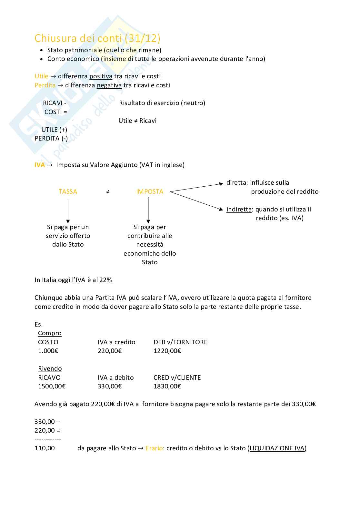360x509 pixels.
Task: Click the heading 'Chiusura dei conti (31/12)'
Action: tap(97, 38)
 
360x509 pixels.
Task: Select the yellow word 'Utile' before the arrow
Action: tap(41, 76)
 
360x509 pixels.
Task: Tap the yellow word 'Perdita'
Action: tap(45, 85)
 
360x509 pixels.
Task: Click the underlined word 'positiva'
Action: tap(101, 76)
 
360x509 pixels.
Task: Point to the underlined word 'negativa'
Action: tap(109, 85)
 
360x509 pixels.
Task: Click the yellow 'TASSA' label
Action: tap(68, 192)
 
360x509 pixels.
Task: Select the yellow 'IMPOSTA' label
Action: tap(150, 192)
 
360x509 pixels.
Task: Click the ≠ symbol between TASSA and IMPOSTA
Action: tap(108, 192)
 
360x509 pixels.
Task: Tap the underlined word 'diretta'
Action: tap(236, 183)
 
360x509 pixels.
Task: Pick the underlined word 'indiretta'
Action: tap(239, 210)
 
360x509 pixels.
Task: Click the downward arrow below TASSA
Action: tap(68, 211)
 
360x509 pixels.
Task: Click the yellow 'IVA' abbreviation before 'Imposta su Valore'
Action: tap(40, 165)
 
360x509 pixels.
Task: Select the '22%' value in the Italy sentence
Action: tap(105, 280)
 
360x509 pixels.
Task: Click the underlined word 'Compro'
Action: tap(50, 333)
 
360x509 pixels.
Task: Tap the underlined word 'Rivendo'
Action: tap(50, 369)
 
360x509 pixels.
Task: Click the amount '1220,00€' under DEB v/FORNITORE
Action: tap(167, 351)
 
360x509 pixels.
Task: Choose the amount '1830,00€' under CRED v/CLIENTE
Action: tap(167, 387)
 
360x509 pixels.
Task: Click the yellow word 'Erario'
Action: tap(154, 448)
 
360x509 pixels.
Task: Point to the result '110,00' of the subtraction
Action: tap(45, 448)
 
